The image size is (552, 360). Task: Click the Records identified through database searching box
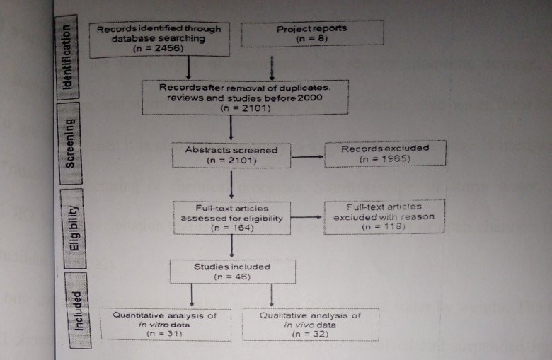(x=159, y=39)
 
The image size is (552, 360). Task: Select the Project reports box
(x=312, y=34)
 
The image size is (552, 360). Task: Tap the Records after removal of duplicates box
(x=246, y=97)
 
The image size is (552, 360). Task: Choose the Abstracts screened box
(x=231, y=155)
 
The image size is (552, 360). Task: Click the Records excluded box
(x=386, y=153)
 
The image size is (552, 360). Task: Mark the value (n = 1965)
(x=386, y=159)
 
